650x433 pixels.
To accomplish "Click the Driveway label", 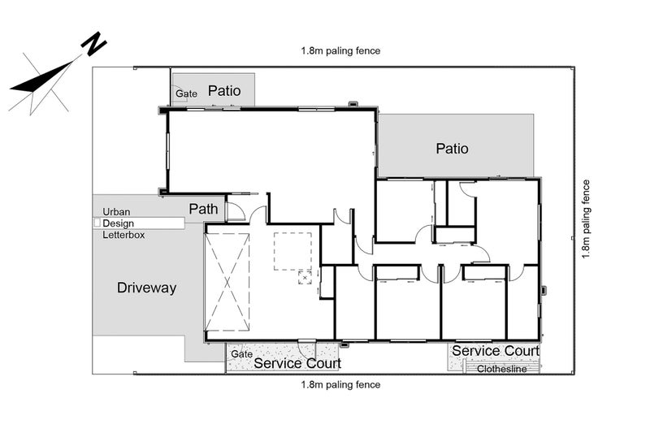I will click(x=146, y=288).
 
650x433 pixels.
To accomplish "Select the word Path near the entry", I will click(x=203, y=209).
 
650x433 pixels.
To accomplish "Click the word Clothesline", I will click(x=501, y=369).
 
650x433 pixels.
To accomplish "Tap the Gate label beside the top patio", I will click(x=187, y=94).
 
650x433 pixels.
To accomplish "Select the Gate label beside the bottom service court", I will click(x=240, y=354).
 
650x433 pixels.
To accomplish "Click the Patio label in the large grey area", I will click(x=452, y=149).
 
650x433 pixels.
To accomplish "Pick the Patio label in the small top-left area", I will click(x=223, y=91).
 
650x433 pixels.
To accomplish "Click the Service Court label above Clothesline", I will click(x=495, y=350).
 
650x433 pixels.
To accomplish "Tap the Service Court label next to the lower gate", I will click(x=297, y=364).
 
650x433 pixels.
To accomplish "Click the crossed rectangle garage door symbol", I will click(x=227, y=283).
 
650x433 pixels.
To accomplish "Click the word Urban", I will click(x=117, y=210).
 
